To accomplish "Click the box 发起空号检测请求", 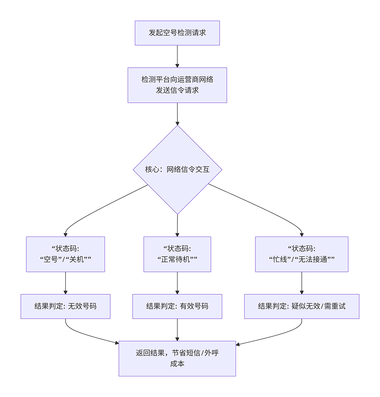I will pos(177,33).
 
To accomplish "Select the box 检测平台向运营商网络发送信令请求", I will pos(177,85).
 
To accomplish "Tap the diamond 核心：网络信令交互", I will pos(177,170).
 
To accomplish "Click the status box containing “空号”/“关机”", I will pos(65,254).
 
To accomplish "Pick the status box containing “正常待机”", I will pos(177,254).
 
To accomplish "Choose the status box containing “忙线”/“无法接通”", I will pos(302,254).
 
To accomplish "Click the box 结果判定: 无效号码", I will pos(65,306).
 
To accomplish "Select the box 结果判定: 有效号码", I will pos(177,306).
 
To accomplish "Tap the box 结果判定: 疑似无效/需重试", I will pos(302,306).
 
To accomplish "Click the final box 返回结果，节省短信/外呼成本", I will pos(177,358).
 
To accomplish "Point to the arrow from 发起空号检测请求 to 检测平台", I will pos(177,56).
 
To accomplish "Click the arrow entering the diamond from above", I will pos(177,114).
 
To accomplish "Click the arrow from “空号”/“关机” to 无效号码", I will pos(65,283).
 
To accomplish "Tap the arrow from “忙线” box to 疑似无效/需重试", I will pos(302,283).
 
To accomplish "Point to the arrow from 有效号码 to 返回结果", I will pos(177,329).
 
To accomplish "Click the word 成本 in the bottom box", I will pos(177,364).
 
